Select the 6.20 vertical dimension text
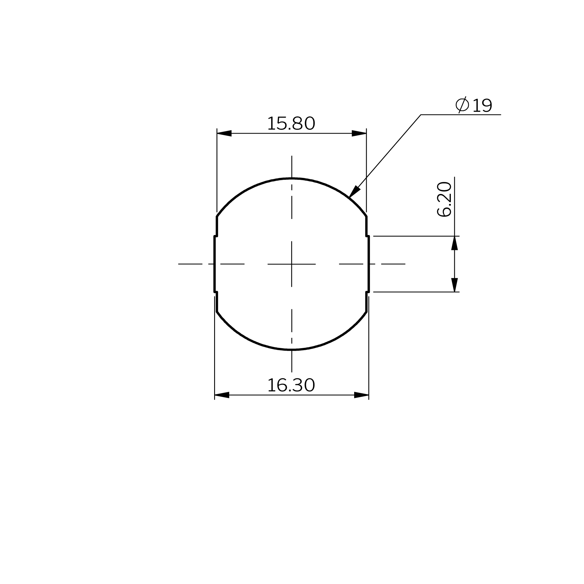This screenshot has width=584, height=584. click(444, 199)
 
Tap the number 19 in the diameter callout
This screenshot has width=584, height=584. click(482, 106)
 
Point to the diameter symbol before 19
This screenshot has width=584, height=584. click(462, 105)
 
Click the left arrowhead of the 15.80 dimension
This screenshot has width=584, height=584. click(224, 133)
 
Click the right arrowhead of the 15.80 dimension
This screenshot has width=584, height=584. click(359, 133)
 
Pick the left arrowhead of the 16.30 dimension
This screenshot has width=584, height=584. click(222, 395)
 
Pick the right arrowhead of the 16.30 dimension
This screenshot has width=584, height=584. click(362, 395)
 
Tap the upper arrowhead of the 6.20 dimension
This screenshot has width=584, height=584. click(454, 243)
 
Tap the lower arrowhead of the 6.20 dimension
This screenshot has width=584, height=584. click(454, 285)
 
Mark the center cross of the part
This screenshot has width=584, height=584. click(292, 264)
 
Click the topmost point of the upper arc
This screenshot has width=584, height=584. click(292, 179)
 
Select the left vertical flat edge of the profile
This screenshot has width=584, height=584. click(215, 264)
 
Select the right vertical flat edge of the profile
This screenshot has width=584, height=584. click(369, 264)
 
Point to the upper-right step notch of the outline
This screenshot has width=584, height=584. click(367, 236)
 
